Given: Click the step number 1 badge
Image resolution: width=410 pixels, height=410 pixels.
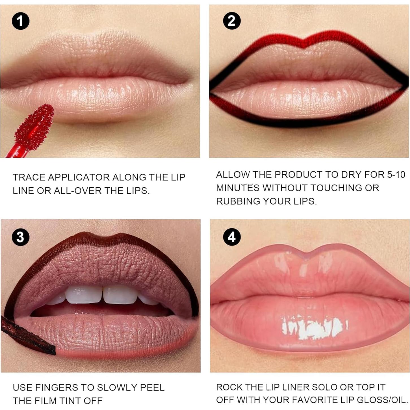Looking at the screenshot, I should (21, 21).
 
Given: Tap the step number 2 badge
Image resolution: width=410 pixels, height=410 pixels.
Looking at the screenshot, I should (232, 21).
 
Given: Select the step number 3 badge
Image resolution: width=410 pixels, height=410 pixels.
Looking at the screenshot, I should (21, 237).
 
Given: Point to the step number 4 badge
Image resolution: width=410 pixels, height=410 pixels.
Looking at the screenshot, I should (232, 237).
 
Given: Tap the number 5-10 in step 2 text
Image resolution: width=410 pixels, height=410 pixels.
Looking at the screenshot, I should (396, 175).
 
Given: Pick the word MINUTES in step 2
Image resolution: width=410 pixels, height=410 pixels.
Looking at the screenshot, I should (238, 188).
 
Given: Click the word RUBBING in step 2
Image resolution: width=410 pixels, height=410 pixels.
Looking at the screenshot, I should (238, 201).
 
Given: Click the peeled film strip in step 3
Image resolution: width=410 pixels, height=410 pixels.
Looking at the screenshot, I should (27, 336).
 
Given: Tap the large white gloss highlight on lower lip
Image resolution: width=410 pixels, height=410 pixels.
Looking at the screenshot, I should (314, 328).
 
